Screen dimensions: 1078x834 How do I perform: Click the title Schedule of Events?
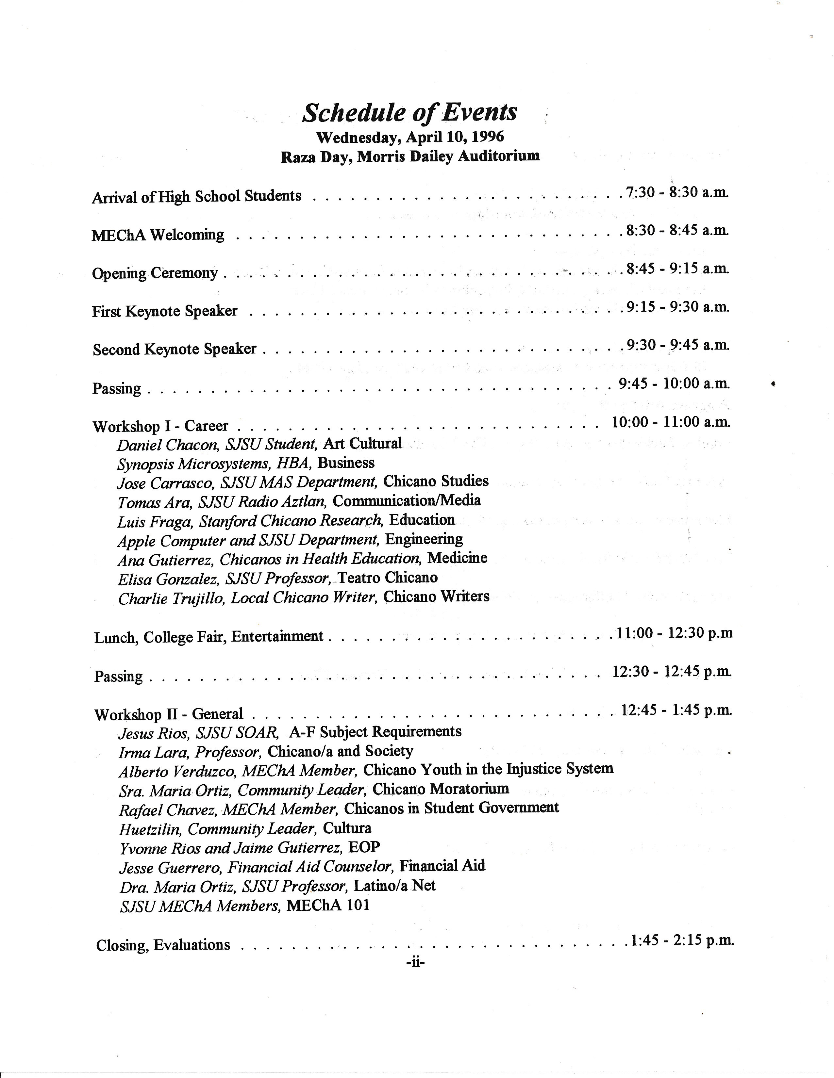pyautogui.click(x=409, y=113)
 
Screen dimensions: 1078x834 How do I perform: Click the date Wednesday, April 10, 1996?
pyautogui.click(x=410, y=137)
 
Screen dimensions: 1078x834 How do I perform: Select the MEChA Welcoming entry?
pyautogui.click(x=158, y=235)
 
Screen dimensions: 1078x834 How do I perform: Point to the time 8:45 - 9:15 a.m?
pyautogui.click(x=677, y=269)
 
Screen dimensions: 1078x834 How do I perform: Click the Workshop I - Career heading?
pyautogui.click(x=160, y=426)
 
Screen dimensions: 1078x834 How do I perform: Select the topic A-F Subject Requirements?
pyautogui.click(x=375, y=731)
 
